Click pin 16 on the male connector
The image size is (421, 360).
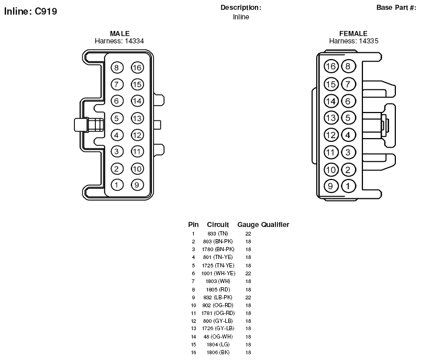(137, 67)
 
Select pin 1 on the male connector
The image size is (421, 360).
(117, 185)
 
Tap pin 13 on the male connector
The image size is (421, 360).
(137, 118)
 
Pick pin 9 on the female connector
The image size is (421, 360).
(331, 186)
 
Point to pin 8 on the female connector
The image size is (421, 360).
(348, 66)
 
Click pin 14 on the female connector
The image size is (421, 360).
(331, 101)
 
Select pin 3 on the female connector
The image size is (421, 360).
(348, 152)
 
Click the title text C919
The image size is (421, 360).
(46, 12)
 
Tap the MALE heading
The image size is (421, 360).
(120, 33)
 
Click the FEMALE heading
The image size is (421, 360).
(353, 33)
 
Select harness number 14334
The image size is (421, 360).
(134, 41)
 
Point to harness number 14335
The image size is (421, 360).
(369, 41)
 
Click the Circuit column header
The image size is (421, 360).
(218, 224)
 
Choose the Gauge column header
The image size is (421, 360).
(248, 224)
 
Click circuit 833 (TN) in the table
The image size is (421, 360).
(218, 234)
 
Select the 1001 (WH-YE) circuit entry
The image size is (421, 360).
(218, 273)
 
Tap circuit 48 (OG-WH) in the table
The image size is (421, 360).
(218, 336)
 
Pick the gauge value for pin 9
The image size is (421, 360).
(248, 298)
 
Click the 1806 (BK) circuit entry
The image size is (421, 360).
(218, 353)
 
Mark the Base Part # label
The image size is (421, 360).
(396, 7)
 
